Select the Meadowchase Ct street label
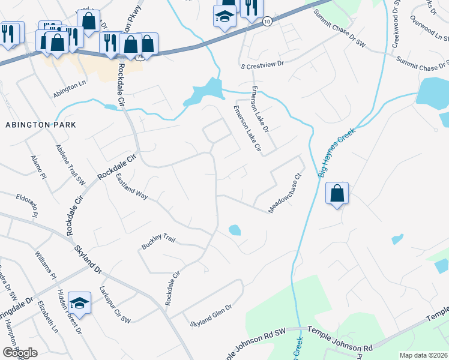284,193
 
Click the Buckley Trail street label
158,242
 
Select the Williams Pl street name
45,265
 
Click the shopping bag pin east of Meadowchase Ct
337,193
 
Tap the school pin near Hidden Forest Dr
79,303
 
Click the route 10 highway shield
267,22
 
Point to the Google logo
20,353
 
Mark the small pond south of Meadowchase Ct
235,230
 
